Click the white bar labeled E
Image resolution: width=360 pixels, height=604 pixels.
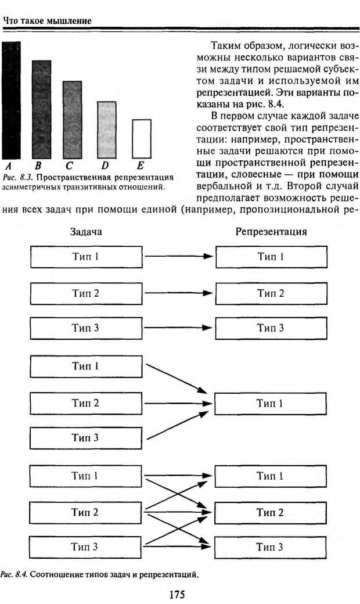(142, 138)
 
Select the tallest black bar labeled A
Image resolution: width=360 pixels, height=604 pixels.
(11, 99)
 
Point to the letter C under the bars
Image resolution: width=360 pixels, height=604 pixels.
(69, 165)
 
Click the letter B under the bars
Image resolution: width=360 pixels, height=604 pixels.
(37, 165)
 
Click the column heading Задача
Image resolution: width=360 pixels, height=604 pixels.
(86, 232)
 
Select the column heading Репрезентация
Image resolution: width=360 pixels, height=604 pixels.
(271, 232)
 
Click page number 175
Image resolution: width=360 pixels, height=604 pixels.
(177, 594)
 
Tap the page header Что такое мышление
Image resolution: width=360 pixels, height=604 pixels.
(47, 21)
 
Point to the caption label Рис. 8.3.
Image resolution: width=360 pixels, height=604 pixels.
(16, 177)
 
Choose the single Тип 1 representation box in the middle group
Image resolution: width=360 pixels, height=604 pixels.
(271, 403)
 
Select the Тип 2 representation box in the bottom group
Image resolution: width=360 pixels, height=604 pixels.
(271, 512)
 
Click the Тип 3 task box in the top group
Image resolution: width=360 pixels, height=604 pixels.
(85, 328)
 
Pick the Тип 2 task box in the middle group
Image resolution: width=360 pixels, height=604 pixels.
(85, 403)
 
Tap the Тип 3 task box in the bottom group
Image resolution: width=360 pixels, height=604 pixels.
(85, 547)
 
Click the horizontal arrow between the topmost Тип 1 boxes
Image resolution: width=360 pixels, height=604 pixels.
(179, 256)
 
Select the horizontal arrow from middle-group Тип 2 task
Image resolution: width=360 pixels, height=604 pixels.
(179, 403)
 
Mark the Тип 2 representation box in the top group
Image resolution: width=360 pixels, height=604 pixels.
(271, 293)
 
